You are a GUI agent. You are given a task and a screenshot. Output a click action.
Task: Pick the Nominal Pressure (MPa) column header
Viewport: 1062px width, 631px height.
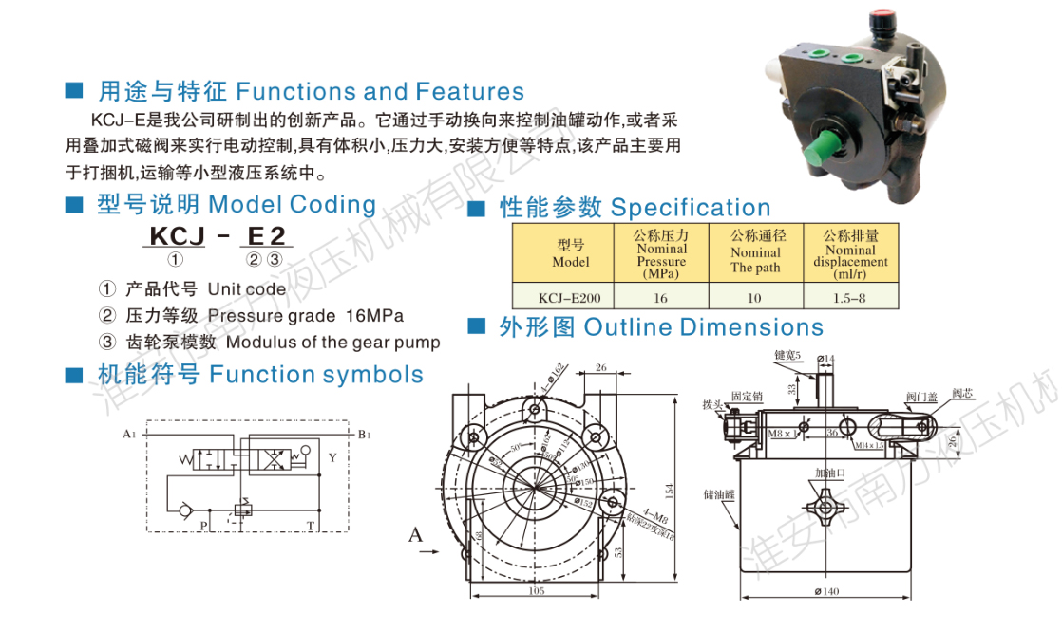tap(661, 253)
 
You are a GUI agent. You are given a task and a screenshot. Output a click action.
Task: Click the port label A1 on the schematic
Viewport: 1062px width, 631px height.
tap(129, 435)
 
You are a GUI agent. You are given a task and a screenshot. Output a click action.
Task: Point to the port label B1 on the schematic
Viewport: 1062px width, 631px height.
tap(364, 435)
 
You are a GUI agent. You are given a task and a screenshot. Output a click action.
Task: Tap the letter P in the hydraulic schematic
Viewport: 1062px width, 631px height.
tap(203, 525)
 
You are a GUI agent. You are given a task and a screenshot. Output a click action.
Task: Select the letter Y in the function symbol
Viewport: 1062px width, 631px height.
tap(332, 457)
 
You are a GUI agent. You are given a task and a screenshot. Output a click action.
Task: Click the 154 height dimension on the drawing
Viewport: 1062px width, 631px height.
tap(669, 490)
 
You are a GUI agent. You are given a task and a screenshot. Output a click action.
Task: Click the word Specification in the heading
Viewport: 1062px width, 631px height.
tap(691, 208)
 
